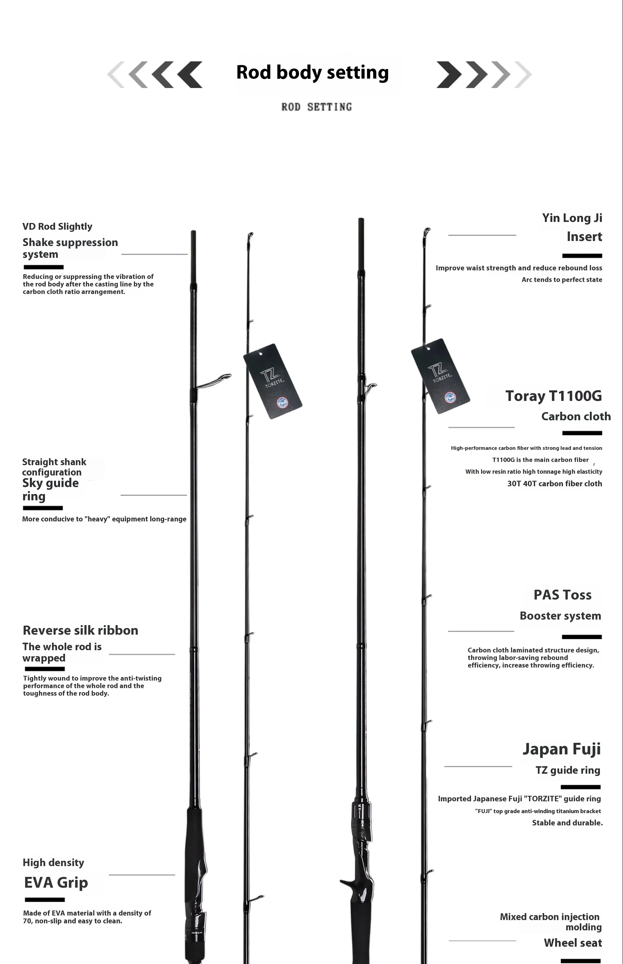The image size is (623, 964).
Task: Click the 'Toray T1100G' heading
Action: point(553,396)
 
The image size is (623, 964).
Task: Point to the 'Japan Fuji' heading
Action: point(561,749)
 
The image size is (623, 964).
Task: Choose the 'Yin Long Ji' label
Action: point(572,218)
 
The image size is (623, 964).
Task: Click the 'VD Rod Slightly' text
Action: point(58,226)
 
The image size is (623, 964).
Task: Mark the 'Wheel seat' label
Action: point(573,943)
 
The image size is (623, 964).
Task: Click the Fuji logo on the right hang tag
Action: point(450,398)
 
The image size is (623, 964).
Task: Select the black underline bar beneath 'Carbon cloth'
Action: point(582,433)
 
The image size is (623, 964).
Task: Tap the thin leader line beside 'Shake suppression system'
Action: point(154,254)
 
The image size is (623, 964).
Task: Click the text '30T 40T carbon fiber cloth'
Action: point(555,484)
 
